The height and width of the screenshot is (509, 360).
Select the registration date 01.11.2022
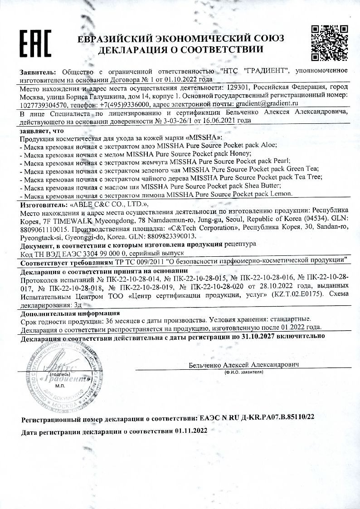[x=190, y=431]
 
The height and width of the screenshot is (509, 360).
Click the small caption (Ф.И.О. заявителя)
[x=244, y=372]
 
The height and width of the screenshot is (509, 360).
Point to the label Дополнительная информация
[x=70, y=313]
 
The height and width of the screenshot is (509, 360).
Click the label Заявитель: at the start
[x=38, y=71]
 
